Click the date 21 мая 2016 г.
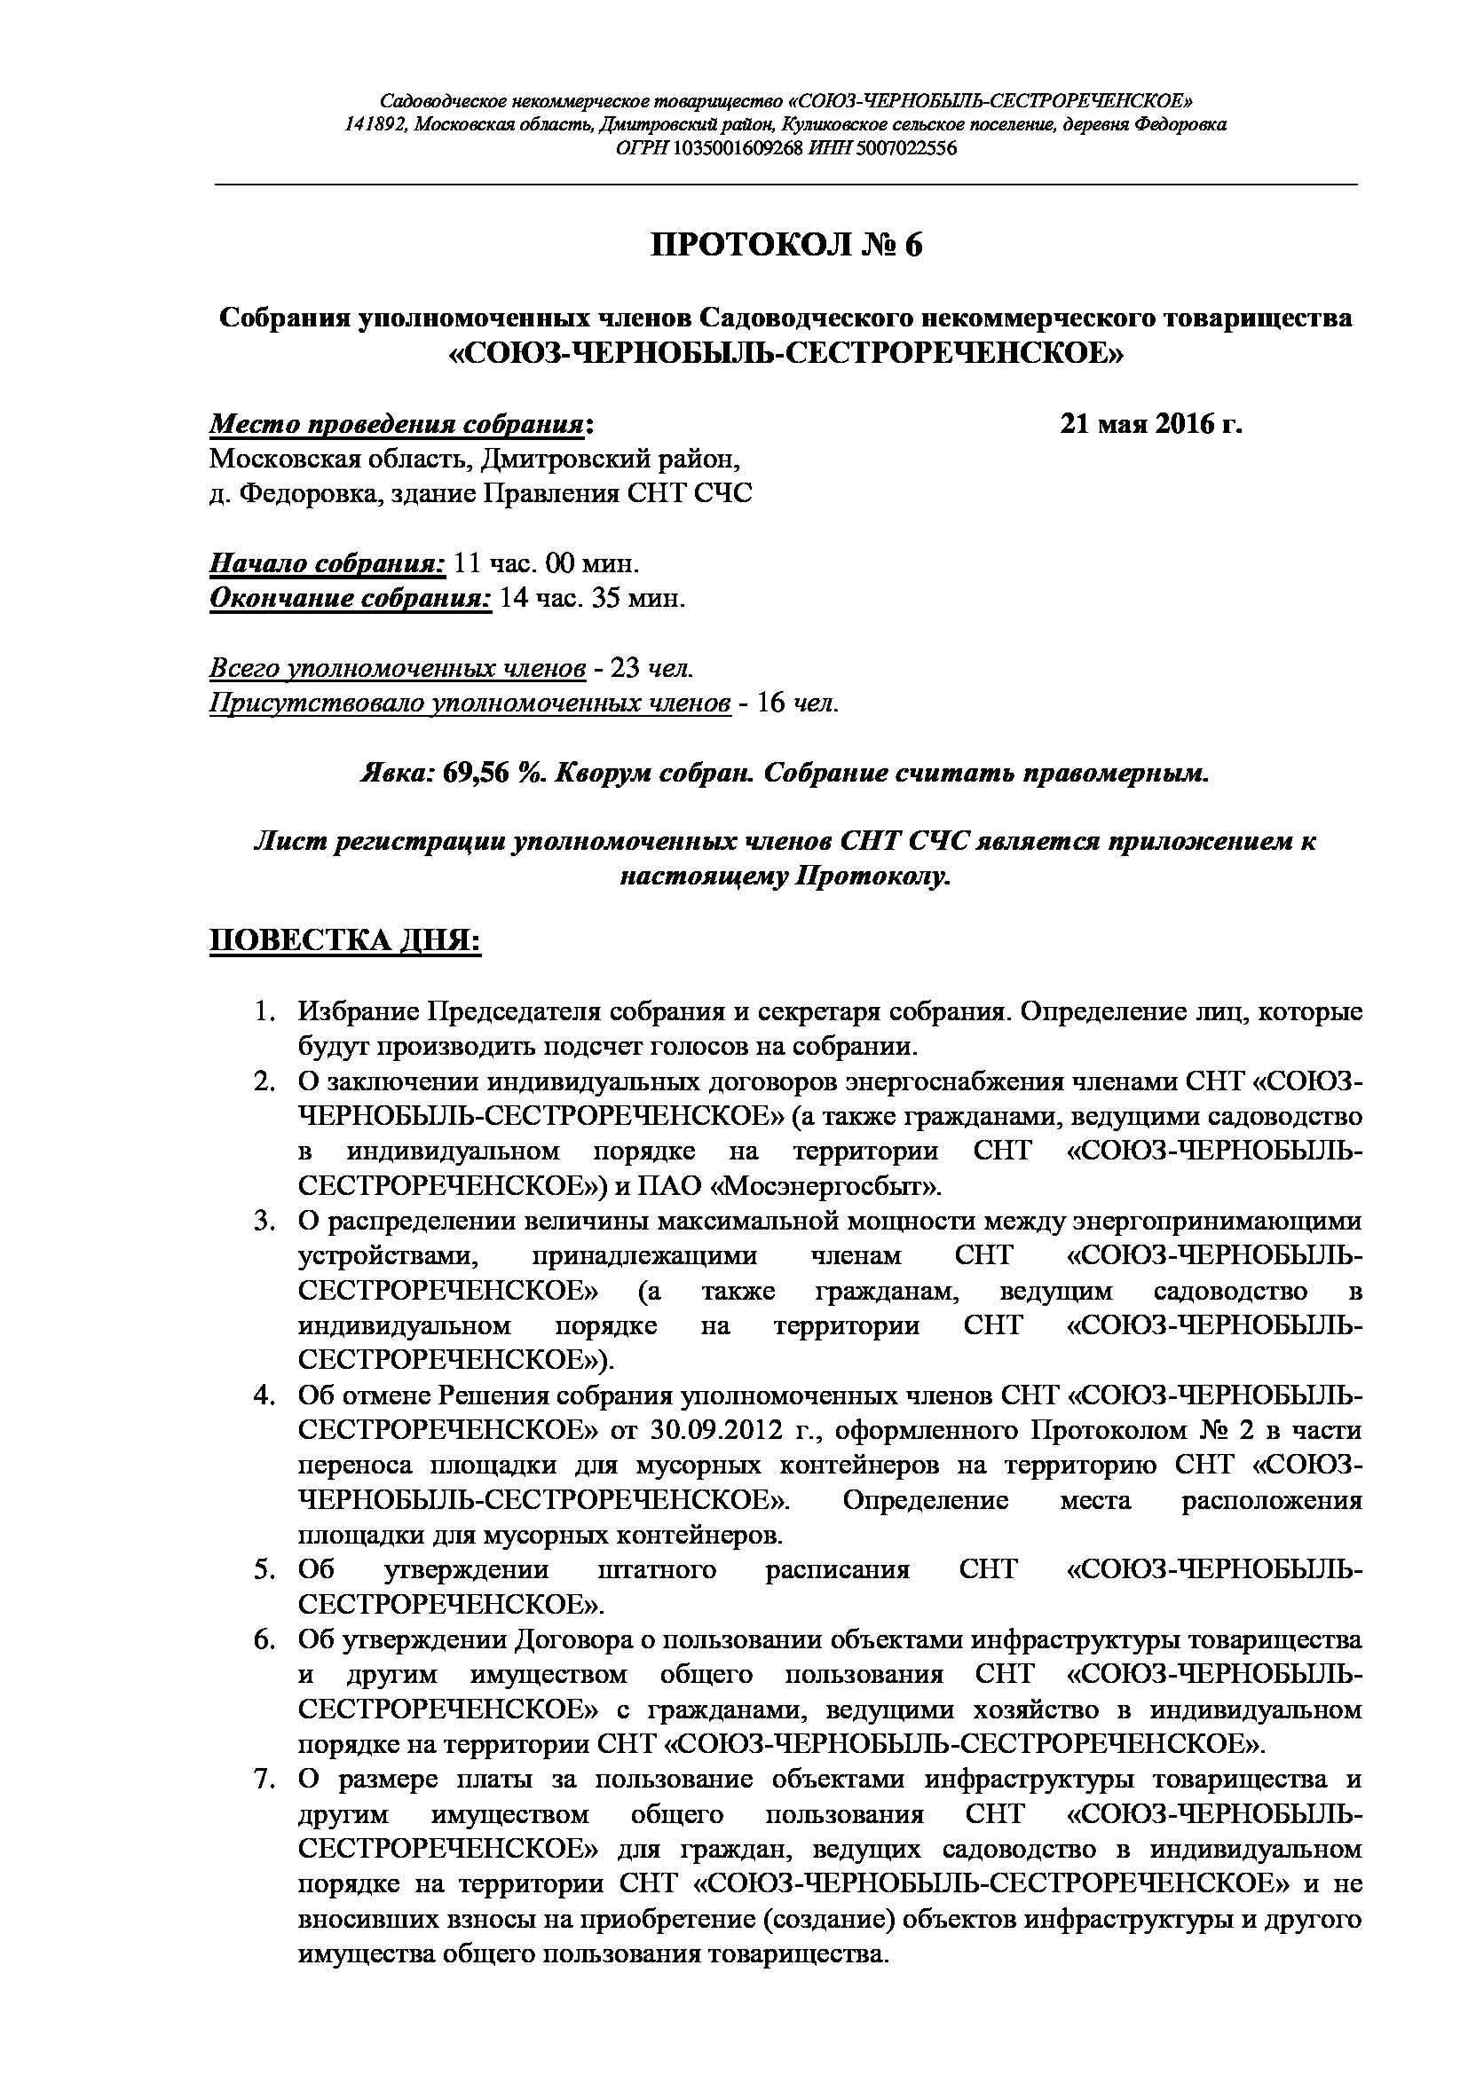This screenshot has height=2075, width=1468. point(1151,424)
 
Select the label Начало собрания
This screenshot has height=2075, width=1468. point(328,564)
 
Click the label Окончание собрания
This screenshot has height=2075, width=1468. point(351,598)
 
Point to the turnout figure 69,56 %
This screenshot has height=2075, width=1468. point(491,774)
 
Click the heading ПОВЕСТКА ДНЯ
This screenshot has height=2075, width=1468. point(345,939)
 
